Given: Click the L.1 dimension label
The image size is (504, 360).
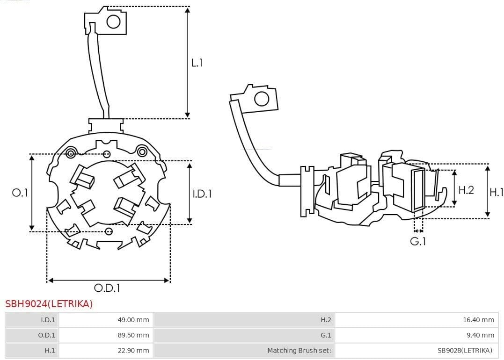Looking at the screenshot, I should point(197,63).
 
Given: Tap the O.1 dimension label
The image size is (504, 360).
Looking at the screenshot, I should point(20,193).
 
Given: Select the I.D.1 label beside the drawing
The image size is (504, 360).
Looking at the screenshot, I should point(202,193).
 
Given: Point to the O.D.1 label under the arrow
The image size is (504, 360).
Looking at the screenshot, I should point(107,288).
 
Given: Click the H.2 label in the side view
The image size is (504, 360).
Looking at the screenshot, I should point(466,190).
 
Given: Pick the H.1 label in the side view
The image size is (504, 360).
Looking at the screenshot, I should point(496,192).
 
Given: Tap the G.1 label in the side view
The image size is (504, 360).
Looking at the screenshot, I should point(418,242).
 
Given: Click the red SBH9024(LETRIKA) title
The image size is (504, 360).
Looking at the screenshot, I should point(49,304).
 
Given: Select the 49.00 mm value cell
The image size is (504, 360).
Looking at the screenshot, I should point(133,320).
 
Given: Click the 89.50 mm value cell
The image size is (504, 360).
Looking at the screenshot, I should point(133,335).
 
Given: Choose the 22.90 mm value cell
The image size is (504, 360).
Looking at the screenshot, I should point(133,350).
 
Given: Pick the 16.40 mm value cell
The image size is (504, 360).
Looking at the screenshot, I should point(478,320).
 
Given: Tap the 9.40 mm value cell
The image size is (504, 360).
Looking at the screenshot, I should point(480,335).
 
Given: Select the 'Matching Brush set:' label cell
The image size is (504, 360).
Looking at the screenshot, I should point(299,350).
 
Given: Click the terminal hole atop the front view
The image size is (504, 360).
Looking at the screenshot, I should point(114,22).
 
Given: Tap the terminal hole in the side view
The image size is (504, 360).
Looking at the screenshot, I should point(262,99).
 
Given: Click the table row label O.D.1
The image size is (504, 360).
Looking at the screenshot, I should point(47,335).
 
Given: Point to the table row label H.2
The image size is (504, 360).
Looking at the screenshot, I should point(326,320).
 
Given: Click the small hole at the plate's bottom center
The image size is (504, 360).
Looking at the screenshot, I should point(109,231).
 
